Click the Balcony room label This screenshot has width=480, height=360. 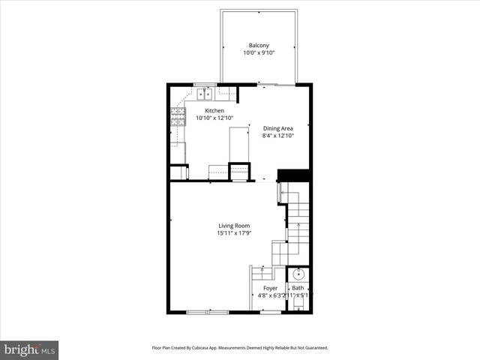click(259, 45)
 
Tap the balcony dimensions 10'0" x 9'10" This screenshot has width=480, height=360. click(259, 53)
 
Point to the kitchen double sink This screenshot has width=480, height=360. click(205, 94)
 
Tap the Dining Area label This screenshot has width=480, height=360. click(277, 128)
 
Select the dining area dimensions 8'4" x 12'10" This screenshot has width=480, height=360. click(277, 136)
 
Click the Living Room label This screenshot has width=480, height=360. click(234, 226)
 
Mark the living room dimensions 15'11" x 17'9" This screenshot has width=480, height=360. click(234, 234)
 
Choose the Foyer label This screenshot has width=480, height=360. click(270, 288)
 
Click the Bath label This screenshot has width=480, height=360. click(298, 288)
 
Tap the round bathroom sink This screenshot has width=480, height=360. click(298, 274)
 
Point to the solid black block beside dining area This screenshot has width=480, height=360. click(294, 175)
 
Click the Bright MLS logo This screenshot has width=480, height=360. click(30, 349)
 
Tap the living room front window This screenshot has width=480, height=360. click(207, 311)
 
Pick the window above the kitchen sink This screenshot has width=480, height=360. click(204, 84)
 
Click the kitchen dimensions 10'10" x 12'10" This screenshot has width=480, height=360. click(215, 118)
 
